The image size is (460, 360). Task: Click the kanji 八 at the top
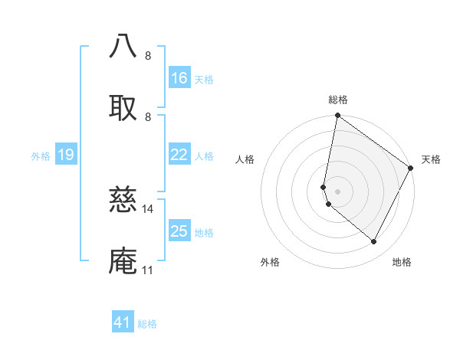tap(123, 46)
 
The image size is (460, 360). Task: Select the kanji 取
tap(123, 106)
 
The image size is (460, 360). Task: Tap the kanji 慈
tap(123, 199)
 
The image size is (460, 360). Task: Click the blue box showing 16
tap(179, 78)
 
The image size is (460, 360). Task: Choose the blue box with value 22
tap(179, 155)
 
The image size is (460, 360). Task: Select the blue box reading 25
tap(179, 231)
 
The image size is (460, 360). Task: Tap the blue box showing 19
tap(65, 155)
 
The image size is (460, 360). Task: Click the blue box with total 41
tap(123, 322)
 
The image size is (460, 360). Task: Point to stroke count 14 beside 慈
tap(148, 208)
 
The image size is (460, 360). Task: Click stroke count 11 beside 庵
tap(148, 270)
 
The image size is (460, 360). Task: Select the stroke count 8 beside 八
tap(148, 55)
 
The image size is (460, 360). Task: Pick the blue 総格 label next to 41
tap(147, 324)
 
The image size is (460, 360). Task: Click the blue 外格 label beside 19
tap(41, 156)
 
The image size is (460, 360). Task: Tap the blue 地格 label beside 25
tap(204, 233)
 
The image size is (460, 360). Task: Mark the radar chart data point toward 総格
tap(337, 116)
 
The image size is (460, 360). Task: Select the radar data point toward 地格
tap(374, 242)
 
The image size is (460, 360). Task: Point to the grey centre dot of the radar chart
tap(337, 191)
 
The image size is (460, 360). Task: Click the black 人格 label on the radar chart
tap(245, 160)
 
